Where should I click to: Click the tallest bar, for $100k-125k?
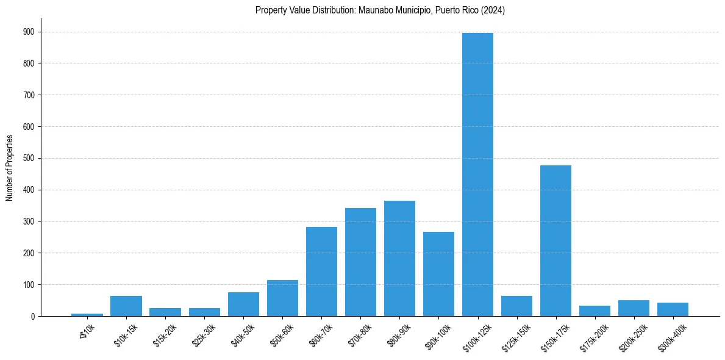point(477,175)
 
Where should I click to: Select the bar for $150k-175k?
point(555,240)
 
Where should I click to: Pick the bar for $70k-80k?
point(360,262)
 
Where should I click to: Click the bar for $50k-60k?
point(282,298)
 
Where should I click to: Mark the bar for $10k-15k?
point(126,306)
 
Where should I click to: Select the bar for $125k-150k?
point(516,306)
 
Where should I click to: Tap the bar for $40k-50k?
point(243,304)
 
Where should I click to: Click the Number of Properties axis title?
point(9,168)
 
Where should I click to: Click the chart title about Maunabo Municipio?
point(380,10)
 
